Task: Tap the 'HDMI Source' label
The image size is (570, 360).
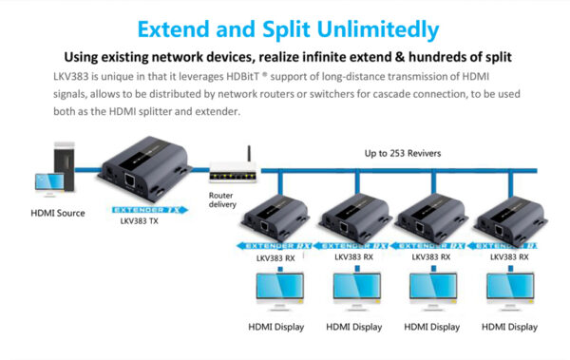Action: tap(57, 213)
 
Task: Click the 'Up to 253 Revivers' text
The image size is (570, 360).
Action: tap(404, 153)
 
